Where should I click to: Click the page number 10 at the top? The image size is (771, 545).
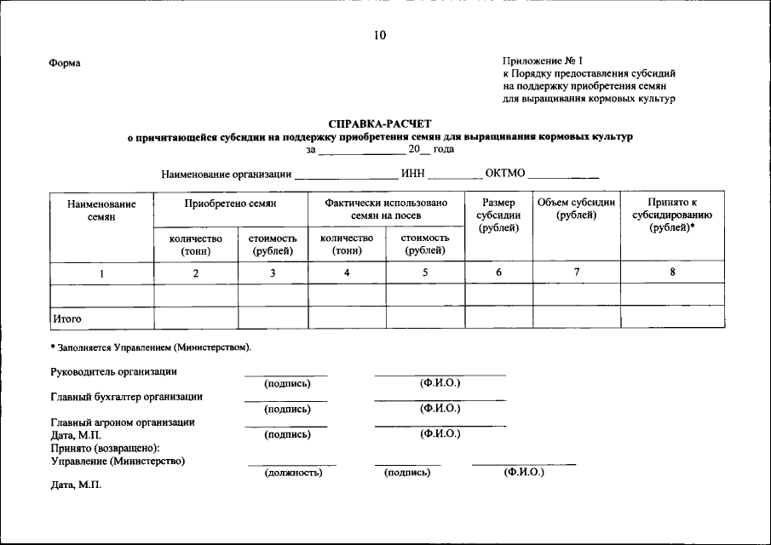coord(379,35)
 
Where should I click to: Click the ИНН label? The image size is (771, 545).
coord(412,175)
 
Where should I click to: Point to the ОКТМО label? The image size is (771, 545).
coord(504,175)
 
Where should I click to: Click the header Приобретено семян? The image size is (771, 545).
coord(230,204)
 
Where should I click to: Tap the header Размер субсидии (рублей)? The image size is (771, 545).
coord(498,216)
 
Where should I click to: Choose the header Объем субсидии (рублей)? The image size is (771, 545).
coord(576,209)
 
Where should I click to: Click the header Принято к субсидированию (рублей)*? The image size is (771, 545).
coord(672,216)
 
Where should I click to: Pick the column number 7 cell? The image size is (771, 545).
coord(576,272)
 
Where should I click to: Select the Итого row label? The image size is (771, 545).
coord(67,318)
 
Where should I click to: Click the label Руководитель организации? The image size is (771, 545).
coord(113,372)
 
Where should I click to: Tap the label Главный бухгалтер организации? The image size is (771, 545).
coord(126,397)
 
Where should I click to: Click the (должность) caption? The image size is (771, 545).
coord(292,472)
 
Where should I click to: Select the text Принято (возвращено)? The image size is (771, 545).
coord(105,448)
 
